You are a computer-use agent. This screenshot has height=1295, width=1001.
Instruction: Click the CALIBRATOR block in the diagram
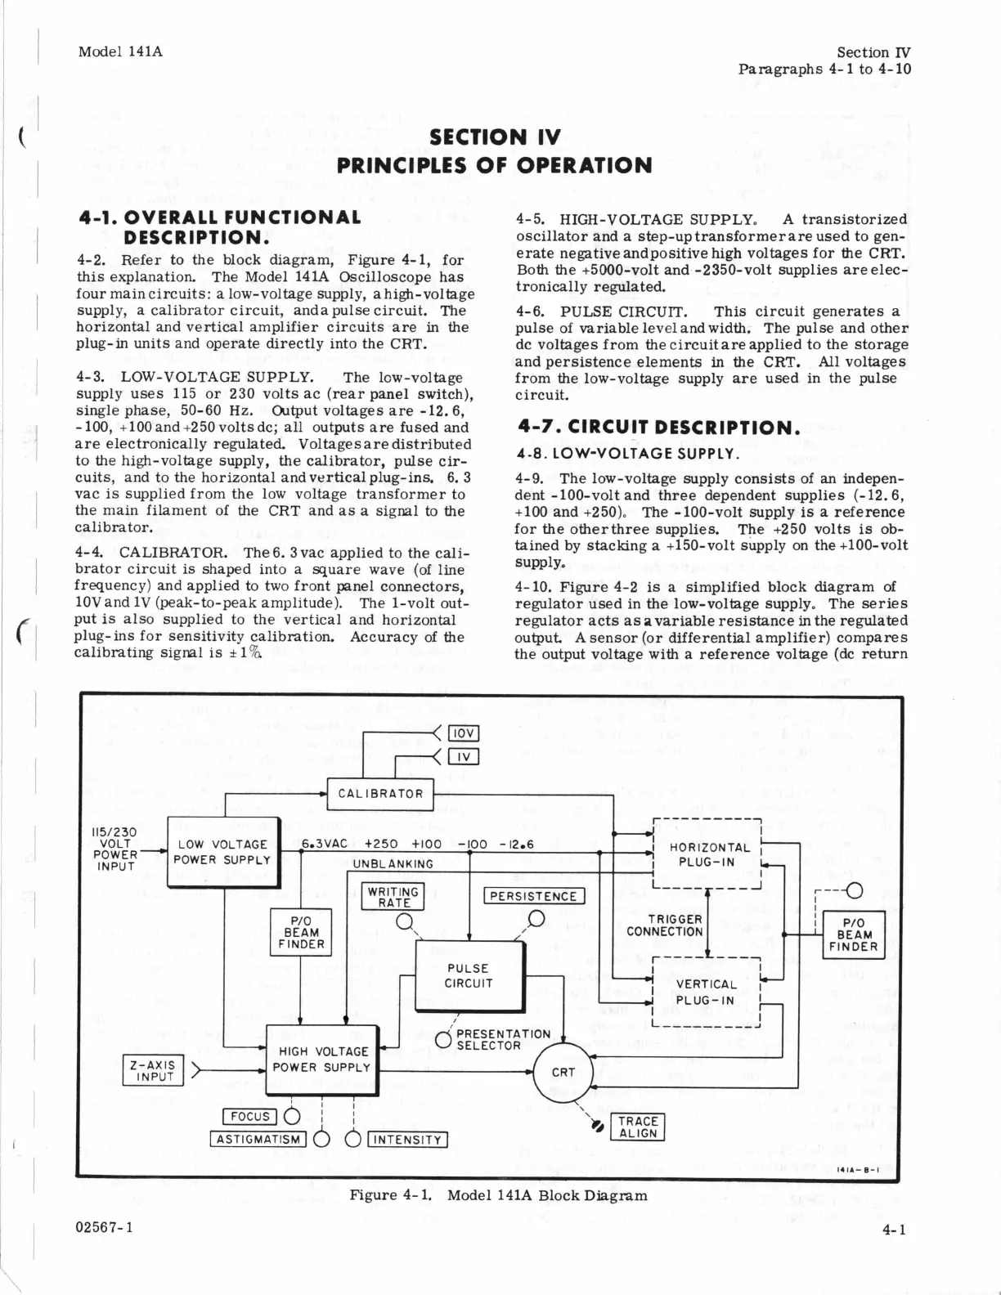point(380,794)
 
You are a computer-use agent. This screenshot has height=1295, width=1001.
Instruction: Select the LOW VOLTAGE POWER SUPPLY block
point(222,852)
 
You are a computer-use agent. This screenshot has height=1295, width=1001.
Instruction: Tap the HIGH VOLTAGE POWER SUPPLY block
point(321,1060)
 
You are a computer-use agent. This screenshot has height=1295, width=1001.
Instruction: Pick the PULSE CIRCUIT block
point(469,976)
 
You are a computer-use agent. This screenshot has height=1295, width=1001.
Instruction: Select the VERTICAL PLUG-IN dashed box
point(706,992)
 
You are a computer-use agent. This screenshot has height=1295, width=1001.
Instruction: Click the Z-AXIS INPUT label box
point(155,1071)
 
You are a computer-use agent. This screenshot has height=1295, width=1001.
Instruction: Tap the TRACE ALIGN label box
point(638,1127)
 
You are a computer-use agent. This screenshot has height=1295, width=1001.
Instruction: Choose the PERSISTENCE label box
point(535,896)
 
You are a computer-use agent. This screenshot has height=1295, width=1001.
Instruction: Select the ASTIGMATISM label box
point(258,1140)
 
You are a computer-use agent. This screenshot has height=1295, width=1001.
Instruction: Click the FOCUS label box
point(250,1117)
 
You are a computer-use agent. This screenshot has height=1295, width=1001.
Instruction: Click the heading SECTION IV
point(495,137)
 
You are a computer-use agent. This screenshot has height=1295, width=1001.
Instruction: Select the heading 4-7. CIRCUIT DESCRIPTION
point(658,428)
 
